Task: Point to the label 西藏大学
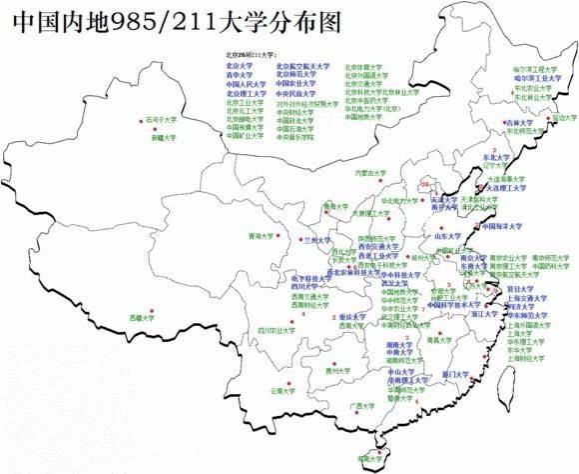[x=143, y=317]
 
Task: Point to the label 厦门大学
[x=454, y=374]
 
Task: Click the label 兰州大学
[x=317, y=241]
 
